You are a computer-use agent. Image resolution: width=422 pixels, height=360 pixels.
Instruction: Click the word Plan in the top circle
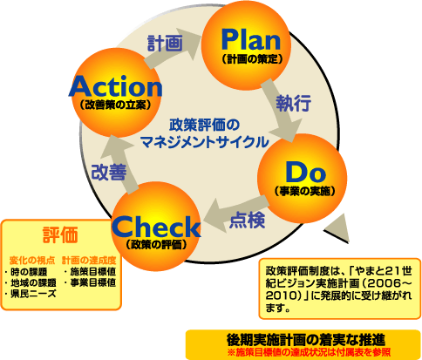point(251,40)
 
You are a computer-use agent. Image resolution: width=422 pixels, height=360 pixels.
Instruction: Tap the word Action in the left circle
point(115,86)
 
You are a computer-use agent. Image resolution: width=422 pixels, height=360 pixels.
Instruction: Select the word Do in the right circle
point(305,173)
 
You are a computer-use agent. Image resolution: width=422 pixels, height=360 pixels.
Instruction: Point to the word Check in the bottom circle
point(156,227)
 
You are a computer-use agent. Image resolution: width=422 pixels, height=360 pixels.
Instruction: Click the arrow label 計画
point(165,43)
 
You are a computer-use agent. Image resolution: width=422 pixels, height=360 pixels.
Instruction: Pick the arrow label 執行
point(293,103)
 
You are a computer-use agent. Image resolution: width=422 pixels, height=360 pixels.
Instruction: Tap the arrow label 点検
point(248,220)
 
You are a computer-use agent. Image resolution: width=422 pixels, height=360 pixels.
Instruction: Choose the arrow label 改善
point(109,172)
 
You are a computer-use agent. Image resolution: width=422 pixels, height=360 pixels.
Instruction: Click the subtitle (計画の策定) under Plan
point(252,59)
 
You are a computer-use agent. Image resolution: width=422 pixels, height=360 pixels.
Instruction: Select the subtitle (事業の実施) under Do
point(304,191)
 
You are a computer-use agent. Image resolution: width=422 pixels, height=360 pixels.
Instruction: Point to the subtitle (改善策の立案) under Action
point(115,105)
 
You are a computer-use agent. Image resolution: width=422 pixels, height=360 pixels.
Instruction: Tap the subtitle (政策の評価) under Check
point(156,245)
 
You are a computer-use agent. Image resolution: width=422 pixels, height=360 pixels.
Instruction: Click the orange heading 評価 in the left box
point(60,234)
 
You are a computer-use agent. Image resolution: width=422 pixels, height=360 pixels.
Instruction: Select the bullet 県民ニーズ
point(31,294)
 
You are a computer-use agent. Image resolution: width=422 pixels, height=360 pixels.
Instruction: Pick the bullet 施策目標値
point(90,272)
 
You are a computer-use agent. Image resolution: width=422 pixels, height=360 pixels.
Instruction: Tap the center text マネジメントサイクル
point(205,142)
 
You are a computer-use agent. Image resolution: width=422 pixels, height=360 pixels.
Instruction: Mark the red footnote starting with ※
point(309,353)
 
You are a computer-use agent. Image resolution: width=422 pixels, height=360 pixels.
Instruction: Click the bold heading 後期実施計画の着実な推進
point(306,339)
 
